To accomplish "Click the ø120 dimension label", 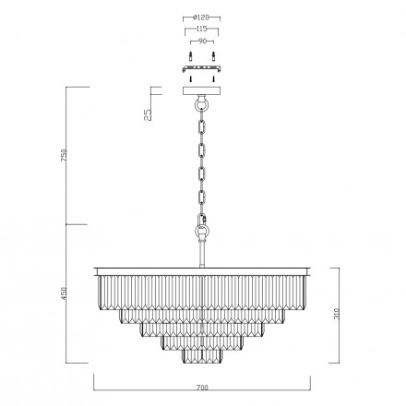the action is (201, 18).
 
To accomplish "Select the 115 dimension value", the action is (201, 30).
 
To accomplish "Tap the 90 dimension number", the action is (202, 42).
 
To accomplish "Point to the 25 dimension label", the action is (148, 114).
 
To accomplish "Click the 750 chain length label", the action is (64, 155).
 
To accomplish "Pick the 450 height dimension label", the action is (64, 293).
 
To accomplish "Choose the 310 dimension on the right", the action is (337, 314).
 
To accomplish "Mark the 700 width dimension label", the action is (202, 388).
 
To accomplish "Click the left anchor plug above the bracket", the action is (191, 56).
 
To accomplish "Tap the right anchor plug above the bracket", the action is (213, 56).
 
